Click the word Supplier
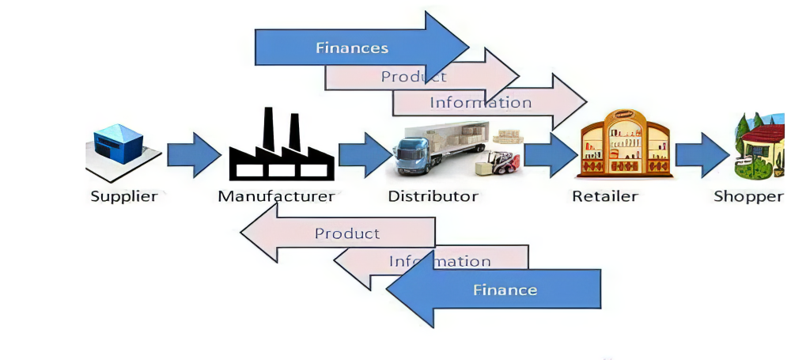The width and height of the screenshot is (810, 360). (x=124, y=195)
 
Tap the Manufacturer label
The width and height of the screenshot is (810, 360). (x=276, y=195)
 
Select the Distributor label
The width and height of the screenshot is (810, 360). (x=433, y=195)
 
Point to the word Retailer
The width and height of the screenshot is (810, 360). (x=605, y=195)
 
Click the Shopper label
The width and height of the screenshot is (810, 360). (x=748, y=195)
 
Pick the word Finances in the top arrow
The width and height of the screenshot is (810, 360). (x=352, y=47)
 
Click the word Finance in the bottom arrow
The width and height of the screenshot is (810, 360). (x=505, y=290)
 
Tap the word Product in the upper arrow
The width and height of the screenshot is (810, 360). (x=414, y=77)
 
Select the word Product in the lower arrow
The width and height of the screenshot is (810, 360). (x=347, y=233)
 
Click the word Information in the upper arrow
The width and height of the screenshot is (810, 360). (x=480, y=102)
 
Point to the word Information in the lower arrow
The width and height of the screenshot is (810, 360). (x=440, y=261)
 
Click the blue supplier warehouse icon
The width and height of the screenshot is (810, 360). (x=119, y=145)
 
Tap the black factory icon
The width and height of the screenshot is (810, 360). (x=282, y=146)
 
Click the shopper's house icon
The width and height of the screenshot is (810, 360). (x=759, y=146)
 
